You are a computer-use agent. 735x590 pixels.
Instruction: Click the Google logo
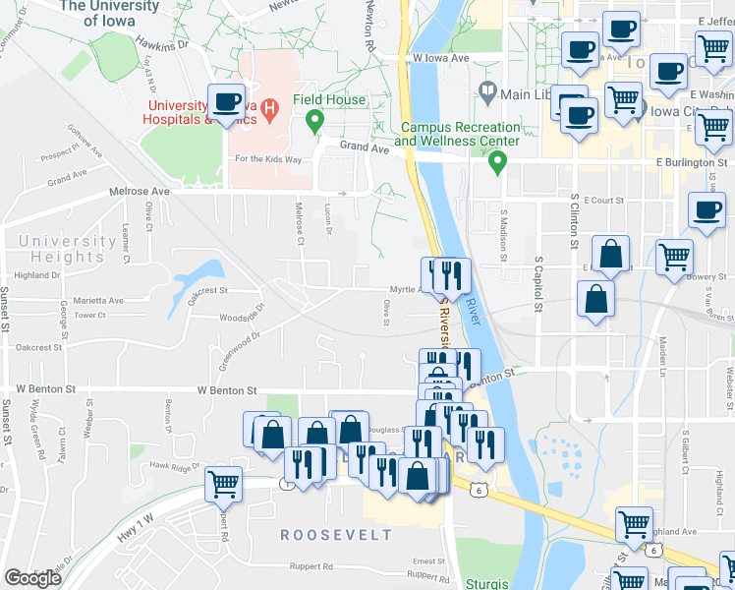click(32, 578)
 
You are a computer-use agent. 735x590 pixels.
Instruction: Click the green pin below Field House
click(315, 122)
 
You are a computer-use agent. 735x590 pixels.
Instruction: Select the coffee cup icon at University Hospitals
click(226, 102)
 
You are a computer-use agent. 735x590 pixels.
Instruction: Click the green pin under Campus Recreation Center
click(498, 160)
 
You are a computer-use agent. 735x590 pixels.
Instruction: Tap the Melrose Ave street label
click(141, 191)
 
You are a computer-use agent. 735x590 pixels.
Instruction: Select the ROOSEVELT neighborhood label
click(336, 535)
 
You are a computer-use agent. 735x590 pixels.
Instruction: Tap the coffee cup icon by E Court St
click(707, 211)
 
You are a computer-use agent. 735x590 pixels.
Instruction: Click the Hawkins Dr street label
click(162, 45)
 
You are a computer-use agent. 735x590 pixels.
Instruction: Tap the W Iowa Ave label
click(442, 59)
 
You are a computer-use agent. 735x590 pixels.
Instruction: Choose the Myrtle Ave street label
click(407, 290)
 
